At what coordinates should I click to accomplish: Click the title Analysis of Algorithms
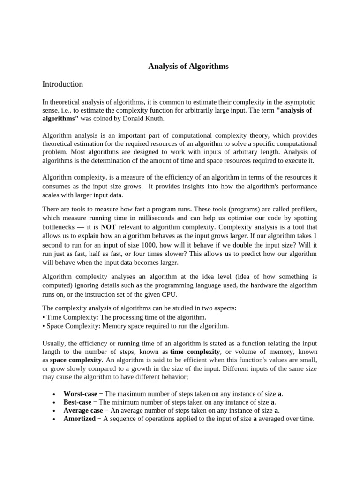pos(188,67)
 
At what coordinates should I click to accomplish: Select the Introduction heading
pos(63,84)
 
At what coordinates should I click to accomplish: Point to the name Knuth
pos(155,119)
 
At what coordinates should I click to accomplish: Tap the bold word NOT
pos(108,227)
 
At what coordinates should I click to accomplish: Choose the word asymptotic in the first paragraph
pos(297,102)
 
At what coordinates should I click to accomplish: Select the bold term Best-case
pos(77,402)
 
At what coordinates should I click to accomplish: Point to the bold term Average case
pos(83,410)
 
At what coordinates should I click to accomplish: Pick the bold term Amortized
pos(79,419)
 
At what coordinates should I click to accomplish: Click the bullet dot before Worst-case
pos(55,394)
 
